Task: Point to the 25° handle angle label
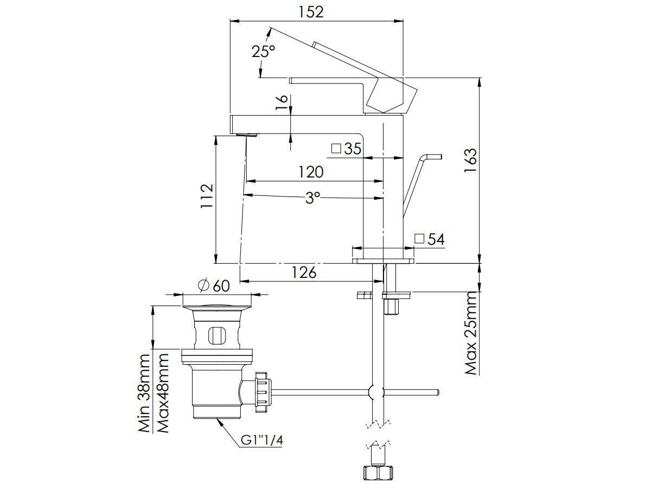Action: (x=264, y=52)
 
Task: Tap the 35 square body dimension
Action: (x=347, y=148)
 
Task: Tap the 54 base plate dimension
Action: (x=430, y=239)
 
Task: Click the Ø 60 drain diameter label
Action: (x=214, y=285)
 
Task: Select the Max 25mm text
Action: (x=471, y=333)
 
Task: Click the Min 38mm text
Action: (x=144, y=393)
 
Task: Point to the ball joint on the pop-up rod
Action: (x=375, y=392)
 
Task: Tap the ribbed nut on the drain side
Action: (x=261, y=389)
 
